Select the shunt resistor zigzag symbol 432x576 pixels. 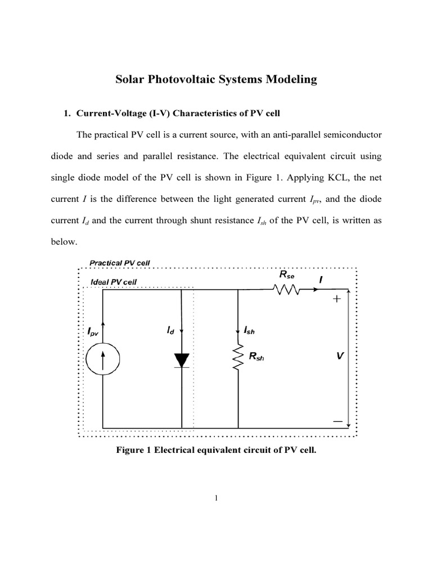click(238, 358)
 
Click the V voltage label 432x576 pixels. click(340, 357)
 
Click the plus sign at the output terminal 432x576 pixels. click(337, 300)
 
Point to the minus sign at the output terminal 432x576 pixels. click(337, 420)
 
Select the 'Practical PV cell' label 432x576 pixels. click(120, 263)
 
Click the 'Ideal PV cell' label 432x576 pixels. click(113, 281)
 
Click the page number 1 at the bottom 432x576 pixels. click(216, 497)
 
